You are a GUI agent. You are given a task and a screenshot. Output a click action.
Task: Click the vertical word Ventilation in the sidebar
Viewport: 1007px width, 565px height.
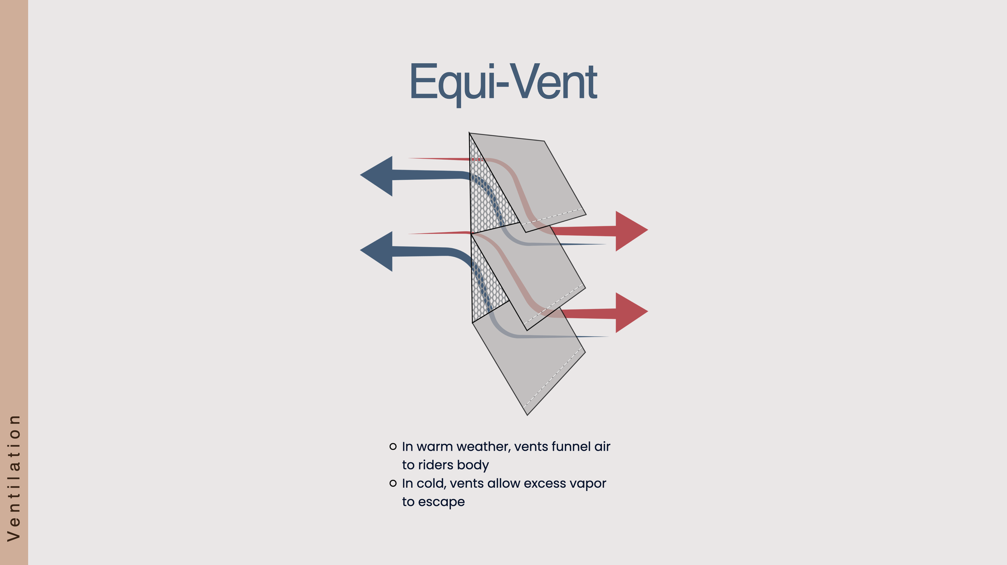click(x=14, y=478)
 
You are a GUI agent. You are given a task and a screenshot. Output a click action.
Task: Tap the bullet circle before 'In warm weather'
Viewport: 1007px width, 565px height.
click(x=393, y=446)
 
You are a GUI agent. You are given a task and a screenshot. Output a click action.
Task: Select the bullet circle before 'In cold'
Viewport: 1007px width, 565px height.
click(x=393, y=483)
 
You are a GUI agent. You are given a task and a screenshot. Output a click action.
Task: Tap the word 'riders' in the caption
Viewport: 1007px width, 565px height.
click(x=436, y=465)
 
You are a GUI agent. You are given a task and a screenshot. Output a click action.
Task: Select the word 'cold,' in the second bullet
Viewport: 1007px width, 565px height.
click(x=431, y=483)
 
